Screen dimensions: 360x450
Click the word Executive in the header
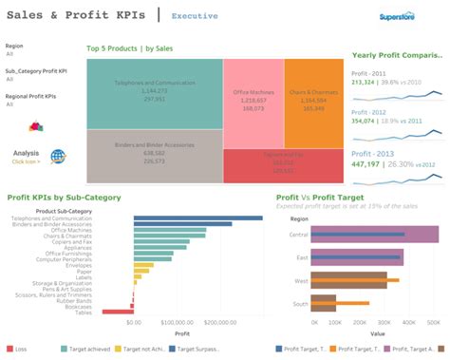(x=195, y=16)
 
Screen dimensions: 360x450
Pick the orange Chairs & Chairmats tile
(x=313, y=101)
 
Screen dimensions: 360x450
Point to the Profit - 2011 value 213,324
(x=364, y=83)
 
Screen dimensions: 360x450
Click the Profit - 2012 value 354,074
(x=364, y=122)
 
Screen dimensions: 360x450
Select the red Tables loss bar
(x=117, y=312)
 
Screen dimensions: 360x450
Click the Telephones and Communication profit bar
(x=184, y=219)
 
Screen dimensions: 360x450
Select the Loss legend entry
(x=18, y=350)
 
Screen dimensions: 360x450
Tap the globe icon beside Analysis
(x=58, y=157)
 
